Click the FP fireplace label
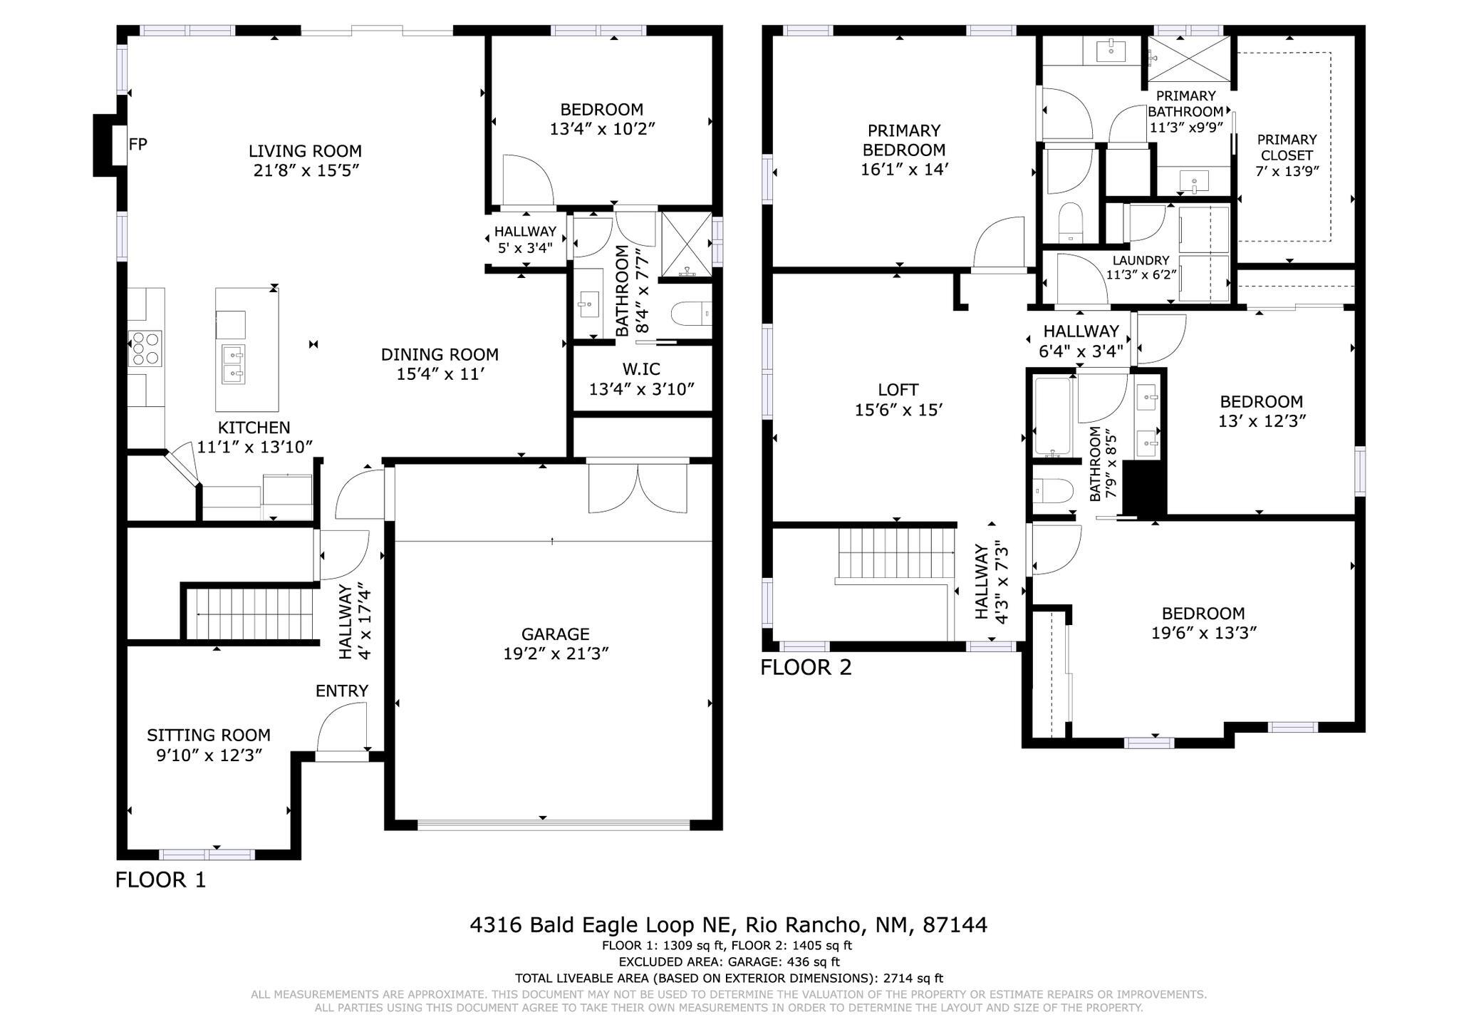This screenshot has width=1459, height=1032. pos(137,145)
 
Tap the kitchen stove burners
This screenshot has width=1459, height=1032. pos(145,349)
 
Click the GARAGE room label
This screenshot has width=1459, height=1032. pos(555,634)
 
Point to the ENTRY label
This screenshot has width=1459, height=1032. pos(342,691)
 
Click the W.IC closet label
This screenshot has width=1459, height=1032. pos(640,369)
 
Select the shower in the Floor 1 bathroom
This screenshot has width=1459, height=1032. pos(686,244)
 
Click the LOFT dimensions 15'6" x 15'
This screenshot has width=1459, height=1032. pos(898,410)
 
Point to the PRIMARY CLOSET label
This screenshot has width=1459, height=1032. pos(1287,148)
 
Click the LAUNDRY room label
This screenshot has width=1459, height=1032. pos(1141,261)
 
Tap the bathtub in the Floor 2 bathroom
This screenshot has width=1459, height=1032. pos(1052,418)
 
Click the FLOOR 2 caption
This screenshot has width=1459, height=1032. pos(806,668)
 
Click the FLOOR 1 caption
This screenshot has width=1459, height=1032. pos(160,880)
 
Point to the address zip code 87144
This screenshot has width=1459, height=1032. pos(955,925)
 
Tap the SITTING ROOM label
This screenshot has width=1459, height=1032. pos(209,736)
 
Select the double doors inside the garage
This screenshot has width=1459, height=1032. pos(638,488)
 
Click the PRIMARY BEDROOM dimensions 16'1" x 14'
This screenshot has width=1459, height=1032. pos(904,170)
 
